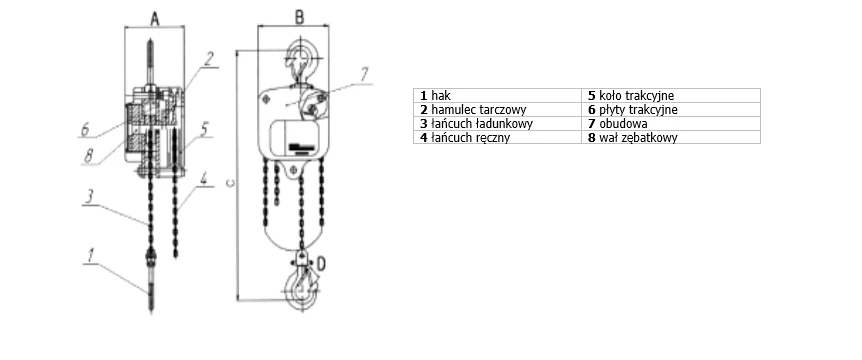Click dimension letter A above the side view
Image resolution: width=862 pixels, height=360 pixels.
coord(155,19)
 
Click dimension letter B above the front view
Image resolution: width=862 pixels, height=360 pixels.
coord(300,17)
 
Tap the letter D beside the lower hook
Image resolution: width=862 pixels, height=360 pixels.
coord(322,264)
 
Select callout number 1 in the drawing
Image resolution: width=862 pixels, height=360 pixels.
coord(91,255)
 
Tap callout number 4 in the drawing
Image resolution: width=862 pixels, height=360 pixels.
coord(203,179)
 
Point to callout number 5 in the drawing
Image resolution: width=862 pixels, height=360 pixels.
coord(204,130)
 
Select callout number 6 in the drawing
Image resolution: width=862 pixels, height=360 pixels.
coord(85,130)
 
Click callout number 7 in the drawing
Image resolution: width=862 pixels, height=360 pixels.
coord(364,74)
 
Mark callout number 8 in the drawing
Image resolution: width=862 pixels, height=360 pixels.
coord(89,156)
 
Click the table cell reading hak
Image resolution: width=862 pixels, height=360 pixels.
coord(497,95)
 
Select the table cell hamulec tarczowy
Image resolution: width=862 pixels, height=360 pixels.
coord(497,109)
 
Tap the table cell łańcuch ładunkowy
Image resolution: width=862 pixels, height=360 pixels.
coord(497,123)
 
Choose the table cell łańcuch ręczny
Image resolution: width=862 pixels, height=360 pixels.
coord(497,137)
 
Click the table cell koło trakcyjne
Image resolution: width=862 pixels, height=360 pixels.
coord(671,95)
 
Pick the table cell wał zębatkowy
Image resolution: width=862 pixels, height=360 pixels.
coord(671,137)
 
